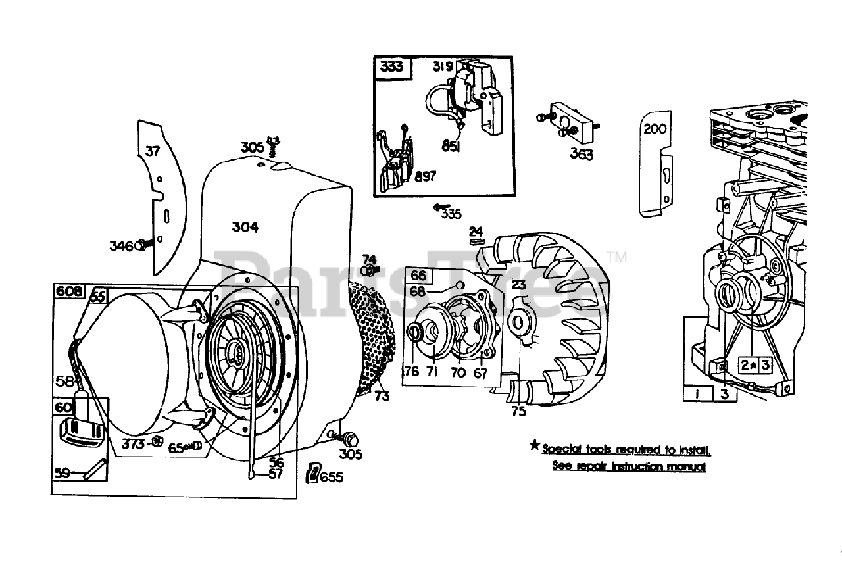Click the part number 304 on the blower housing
(245, 227)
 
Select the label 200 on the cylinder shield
(655, 128)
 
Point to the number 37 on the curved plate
(152, 151)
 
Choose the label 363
(582, 154)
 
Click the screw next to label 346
(144, 245)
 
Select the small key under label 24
(477, 241)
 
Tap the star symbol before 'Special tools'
(535, 447)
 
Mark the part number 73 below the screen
(382, 395)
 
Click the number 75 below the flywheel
(518, 411)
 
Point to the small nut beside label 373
(157, 442)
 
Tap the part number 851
(450, 147)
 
